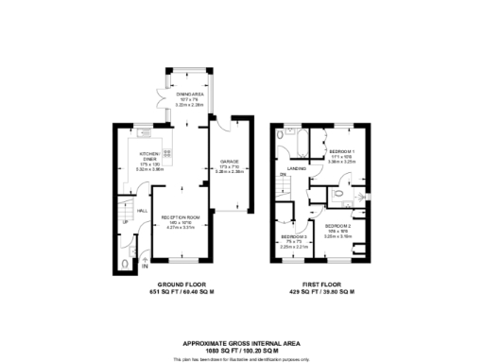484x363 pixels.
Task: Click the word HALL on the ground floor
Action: [142, 210]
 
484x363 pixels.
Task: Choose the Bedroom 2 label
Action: [337, 227]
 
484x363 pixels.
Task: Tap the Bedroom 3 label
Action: [292, 237]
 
